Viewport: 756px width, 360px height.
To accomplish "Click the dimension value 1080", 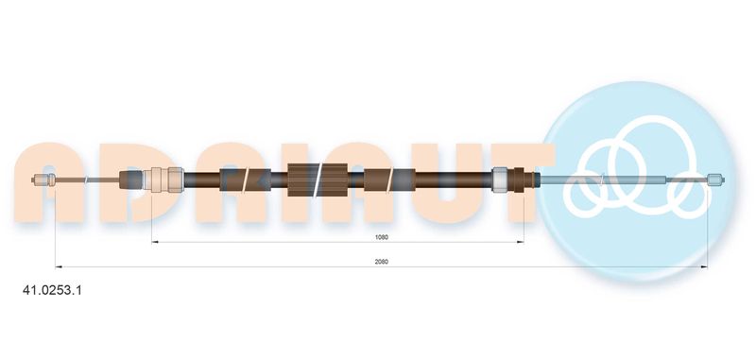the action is [x=382, y=237].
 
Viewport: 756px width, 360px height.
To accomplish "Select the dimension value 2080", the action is [x=382, y=262].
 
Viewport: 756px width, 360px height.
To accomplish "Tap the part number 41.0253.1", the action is [x=53, y=291].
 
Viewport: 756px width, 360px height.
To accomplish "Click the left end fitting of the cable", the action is [x=45, y=180].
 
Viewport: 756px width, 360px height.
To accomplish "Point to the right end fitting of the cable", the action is [x=716, y=180].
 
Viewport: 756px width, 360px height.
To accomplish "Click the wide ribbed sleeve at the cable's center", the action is [x=318, y=180].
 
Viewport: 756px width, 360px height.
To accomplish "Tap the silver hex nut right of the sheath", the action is [x=500, y=180].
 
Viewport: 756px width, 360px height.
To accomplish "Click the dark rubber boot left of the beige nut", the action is [x=131, y=180].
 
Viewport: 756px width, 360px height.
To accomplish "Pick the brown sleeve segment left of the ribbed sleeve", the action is [x=245, y=180].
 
